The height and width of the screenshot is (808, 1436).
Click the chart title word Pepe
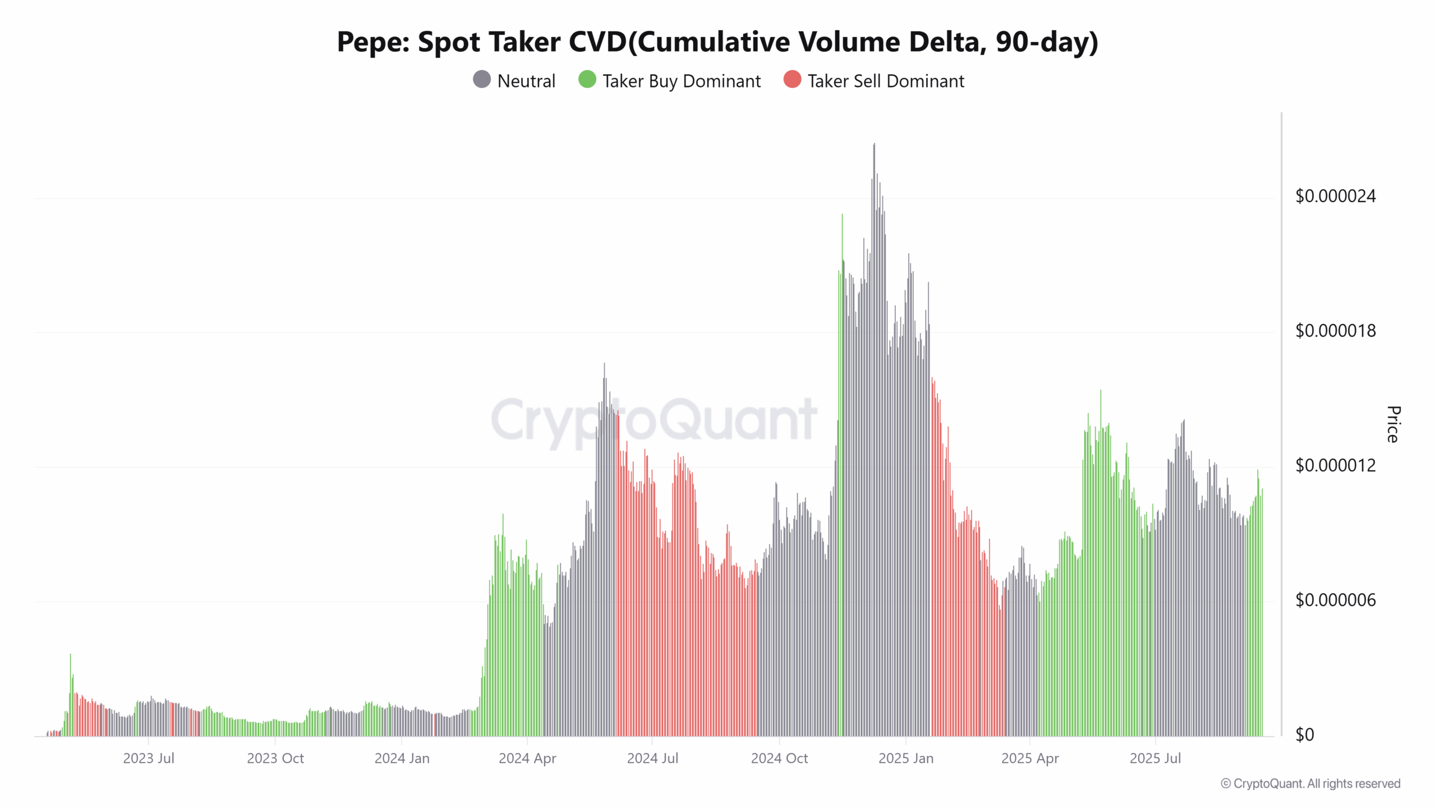[373, 43]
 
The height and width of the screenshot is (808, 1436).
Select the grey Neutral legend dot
[482, 80]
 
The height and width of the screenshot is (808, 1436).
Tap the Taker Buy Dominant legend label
[682, 81]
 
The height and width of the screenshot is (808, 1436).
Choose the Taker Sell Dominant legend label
[886, 81]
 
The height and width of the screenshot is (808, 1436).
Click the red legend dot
[792, 80]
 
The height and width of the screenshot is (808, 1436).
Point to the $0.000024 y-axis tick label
[1335, 196]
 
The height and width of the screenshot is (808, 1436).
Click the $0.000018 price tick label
[1335, 331]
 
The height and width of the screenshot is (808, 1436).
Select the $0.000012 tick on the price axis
[1335, 466]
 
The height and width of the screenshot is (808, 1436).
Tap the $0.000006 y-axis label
[1335, 600]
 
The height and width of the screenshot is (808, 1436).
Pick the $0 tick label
[1304, 735]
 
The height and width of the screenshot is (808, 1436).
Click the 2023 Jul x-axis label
[149, 759]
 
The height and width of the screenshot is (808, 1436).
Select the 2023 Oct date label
[275, 759]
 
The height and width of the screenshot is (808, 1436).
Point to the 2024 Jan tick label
[402, 759]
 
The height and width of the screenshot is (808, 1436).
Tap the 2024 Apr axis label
[527, 759]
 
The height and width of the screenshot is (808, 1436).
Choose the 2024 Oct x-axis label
[779, 759]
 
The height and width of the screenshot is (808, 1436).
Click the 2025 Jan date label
[906, 759]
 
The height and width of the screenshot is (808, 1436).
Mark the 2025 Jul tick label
[1155, 759]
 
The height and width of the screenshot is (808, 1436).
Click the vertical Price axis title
[1393, 424]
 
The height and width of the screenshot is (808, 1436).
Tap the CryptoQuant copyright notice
[1310, 784]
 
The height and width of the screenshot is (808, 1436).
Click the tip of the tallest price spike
[874, 144]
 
